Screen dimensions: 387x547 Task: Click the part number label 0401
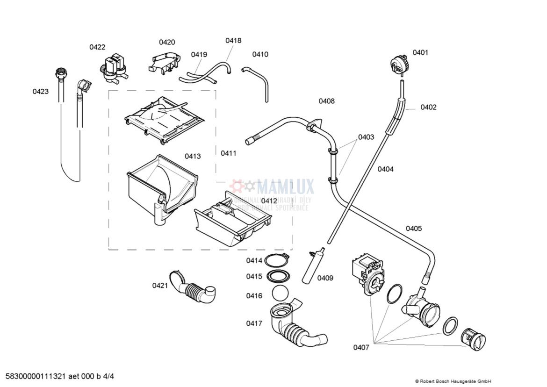(x=420, y=52)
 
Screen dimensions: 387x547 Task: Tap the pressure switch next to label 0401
(x=399, y=64)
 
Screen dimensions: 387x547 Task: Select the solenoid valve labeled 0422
(x=114, y=67)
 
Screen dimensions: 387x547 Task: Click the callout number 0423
(x=40, y=92)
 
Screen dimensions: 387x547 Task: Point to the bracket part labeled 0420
(x=164, y=63)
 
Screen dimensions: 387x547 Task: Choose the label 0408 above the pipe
(x=326, y=101)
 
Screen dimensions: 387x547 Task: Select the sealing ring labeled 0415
(x=277, y=276)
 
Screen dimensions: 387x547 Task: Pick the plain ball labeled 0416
(x=280, y=295)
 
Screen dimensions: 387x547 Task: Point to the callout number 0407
(x=361, y=347)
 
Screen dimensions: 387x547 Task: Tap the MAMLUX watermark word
(x=285, y=187)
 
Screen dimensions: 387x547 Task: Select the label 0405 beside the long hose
(x=413, y=229)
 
